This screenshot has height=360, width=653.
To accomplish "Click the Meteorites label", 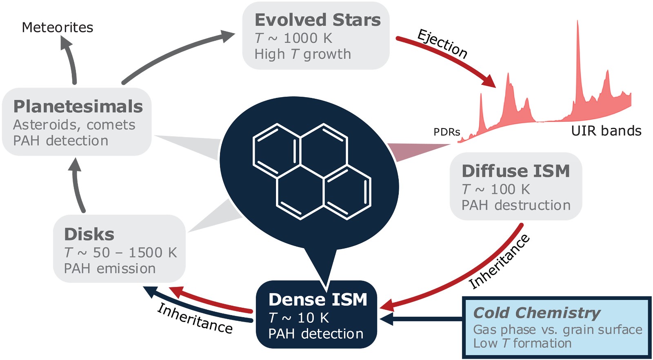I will tap(57, 27).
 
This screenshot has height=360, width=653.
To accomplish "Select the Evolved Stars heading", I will tap(317, 20).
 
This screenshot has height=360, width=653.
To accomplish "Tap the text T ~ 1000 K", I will tap(293, 38).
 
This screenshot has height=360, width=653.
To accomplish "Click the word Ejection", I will tap(442, 44).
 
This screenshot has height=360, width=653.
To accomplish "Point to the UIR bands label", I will tap(606, 131).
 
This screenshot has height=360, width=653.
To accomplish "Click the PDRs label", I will tap(446, 132).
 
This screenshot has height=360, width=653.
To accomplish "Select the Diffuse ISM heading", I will tap(515, 171).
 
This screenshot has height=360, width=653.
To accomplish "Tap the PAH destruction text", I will tap(516, 205).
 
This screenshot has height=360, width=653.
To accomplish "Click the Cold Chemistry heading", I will tap(536, 313).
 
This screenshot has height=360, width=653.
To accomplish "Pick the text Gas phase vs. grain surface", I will tap(557, 329).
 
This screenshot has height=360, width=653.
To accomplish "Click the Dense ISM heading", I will tap(318, 300).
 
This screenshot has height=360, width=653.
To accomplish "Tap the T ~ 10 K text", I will tap(298, 318).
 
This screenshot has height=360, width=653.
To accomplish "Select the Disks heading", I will tap(89, 234).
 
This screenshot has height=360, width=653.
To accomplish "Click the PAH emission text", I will tap(109, 268).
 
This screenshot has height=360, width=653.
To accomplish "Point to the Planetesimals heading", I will tap(78, 107).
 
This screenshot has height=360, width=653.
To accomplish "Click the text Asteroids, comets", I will tap(74, 124).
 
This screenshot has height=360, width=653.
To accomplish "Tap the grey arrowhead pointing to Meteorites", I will tap(65, 42).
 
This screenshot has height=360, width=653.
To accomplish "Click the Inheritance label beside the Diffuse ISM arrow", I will tap(499, 262).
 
